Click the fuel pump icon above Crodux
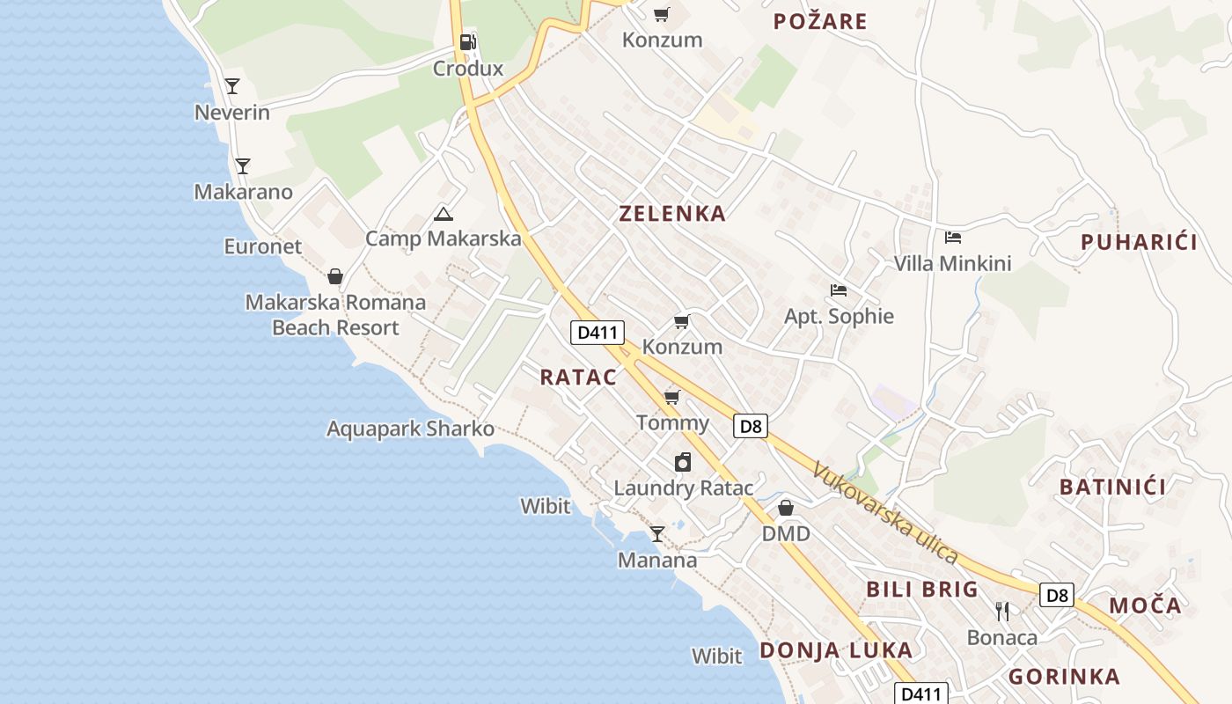(468, 41)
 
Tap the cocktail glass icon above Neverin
(232, 85)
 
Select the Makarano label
(243, 192)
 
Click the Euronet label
(262, 246)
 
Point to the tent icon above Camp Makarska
(444, 213)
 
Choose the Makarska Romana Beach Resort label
(335, 315)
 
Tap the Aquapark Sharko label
(410, 429)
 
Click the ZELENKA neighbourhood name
(672, 213)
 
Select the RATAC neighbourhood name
(578, 378)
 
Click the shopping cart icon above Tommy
(672, 397)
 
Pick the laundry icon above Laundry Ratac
(683, 462)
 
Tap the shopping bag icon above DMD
(786, 508)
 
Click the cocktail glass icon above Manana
(657, 533)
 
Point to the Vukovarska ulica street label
(884, 512)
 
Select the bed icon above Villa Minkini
(952, 237)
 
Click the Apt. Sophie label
(839, 317)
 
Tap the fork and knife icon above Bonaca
(1001, 611)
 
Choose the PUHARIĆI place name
(1139, 243)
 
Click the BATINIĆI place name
(1112, 487)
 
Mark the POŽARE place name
(820, 21)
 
